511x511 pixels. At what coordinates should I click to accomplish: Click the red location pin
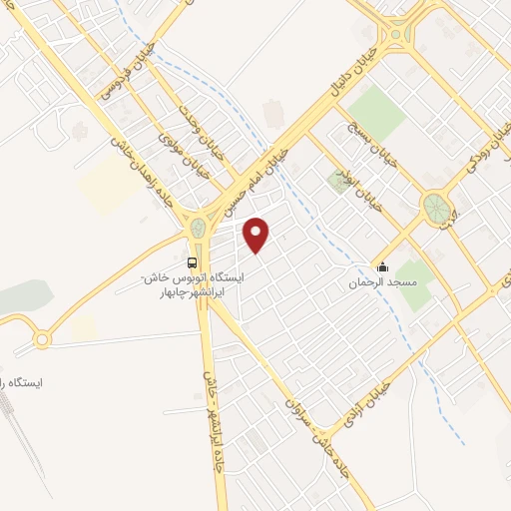[x=257, y=235]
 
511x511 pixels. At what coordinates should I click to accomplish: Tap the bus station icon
[x=192, y=261]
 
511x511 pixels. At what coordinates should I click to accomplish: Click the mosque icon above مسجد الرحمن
[x=382, y=266]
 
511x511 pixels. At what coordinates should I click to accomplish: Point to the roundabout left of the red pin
[x=198, y=229]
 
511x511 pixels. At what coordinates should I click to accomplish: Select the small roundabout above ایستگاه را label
[x=42, y=339]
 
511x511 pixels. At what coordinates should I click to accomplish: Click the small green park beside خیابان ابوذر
[x=335, y=182]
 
